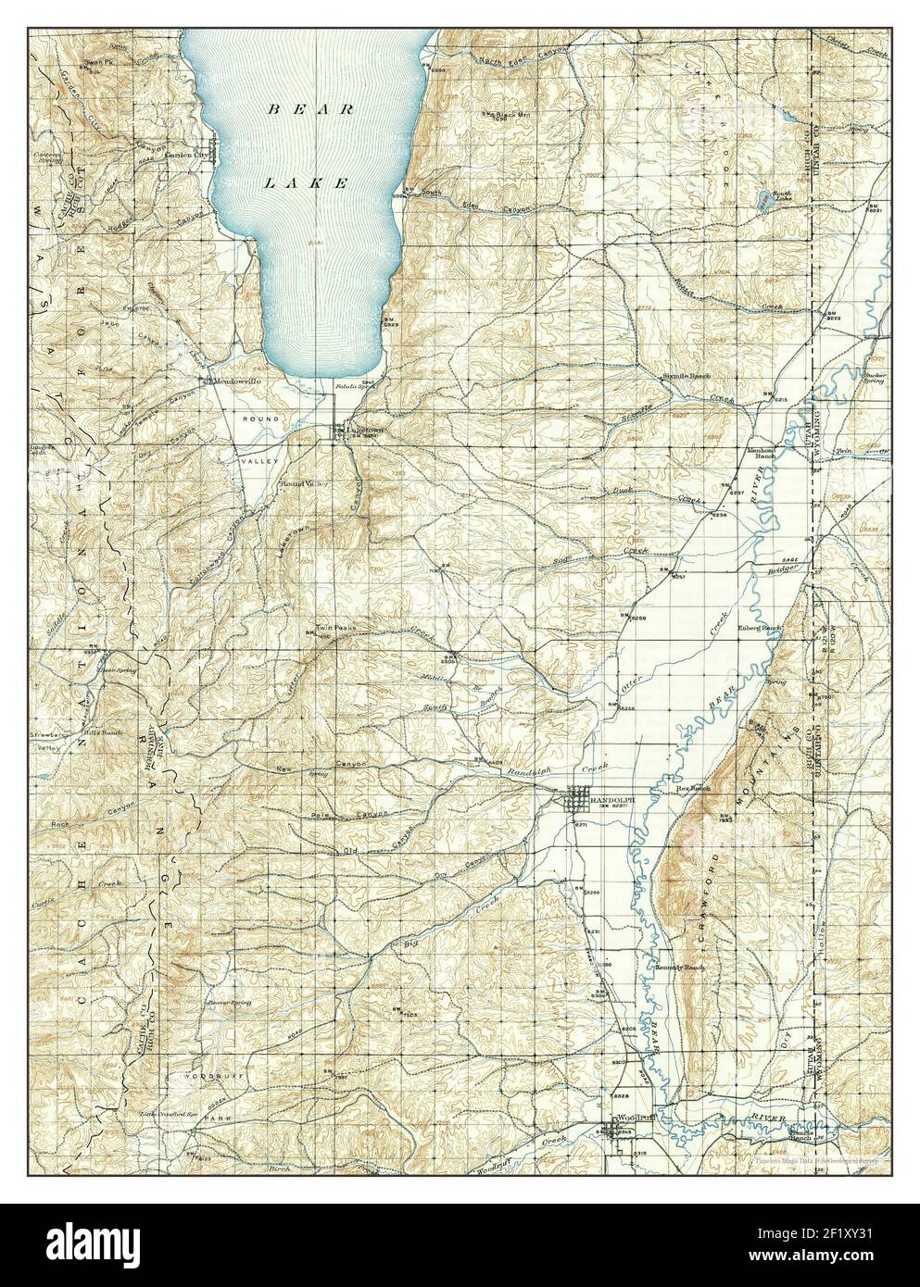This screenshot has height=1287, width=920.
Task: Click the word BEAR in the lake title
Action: pos(310,109)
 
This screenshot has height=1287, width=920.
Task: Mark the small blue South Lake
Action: pos(761,195)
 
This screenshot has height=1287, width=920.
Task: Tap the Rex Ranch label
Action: pos(693,788)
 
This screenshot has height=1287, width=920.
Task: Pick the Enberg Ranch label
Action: pos(760,627)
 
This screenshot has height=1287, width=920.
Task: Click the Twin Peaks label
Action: pos(326,627)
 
